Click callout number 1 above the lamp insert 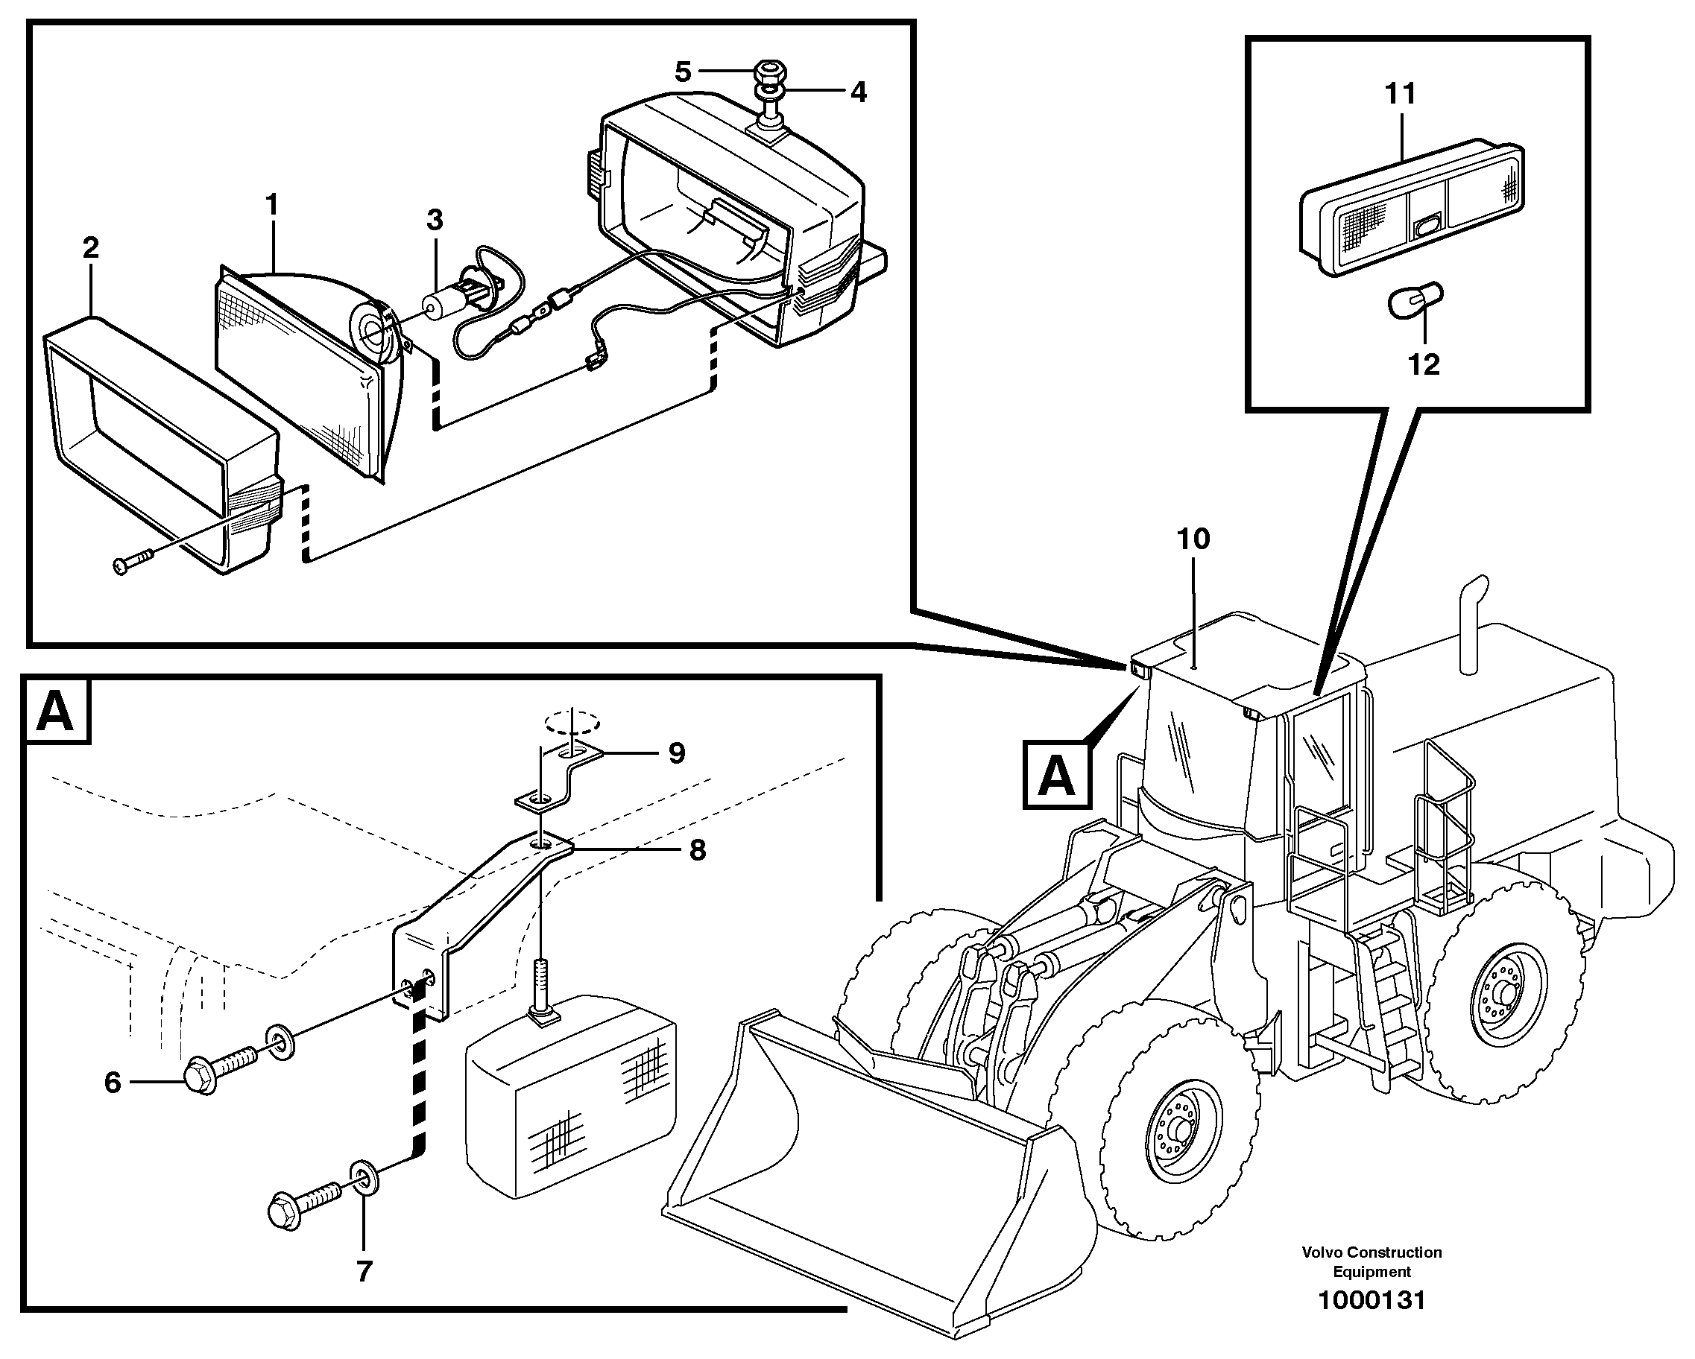[x=272, y=206]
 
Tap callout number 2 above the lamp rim [x=90, y=248]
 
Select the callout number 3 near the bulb [x=435, y=220]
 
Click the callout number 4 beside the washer [x=859, y=92]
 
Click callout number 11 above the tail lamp [x=1400, y=94]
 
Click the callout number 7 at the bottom [x=363, y=1271]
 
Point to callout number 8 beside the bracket [x=698, y=849]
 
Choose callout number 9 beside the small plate [x=677, y=753]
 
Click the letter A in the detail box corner [x=56, y=711]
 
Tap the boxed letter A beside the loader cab [x=1057, y=775]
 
